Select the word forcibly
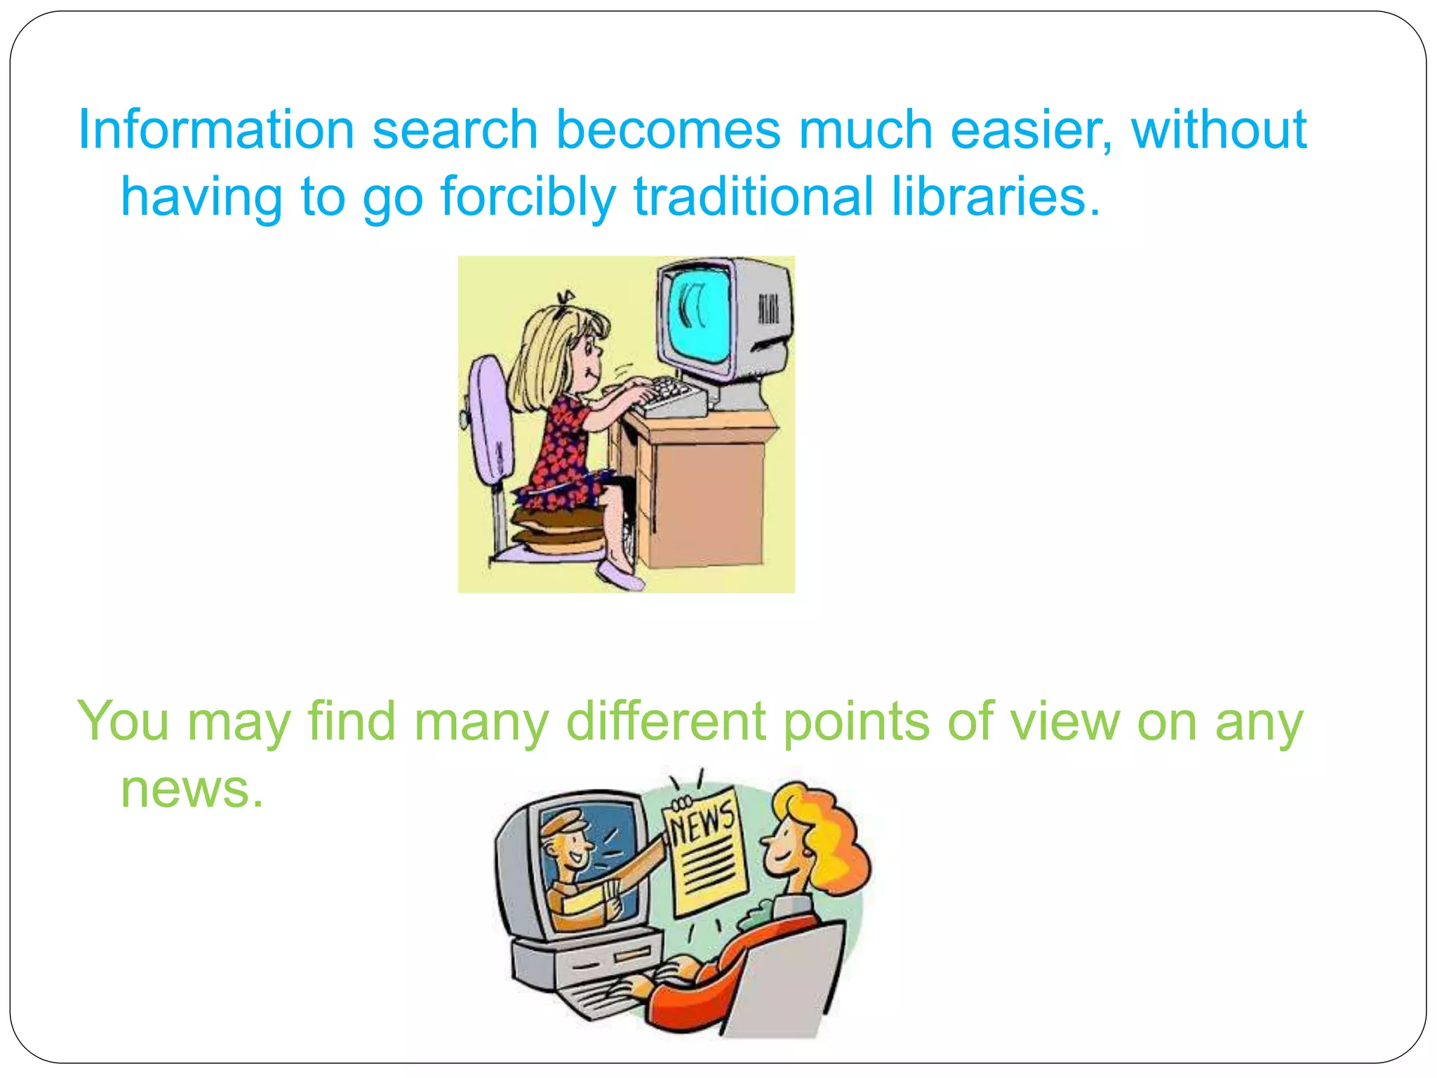point(528,198)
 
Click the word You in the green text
point(123,721)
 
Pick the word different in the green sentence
point(665,721)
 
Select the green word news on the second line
point(192,789)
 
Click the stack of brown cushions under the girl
point(558,530)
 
